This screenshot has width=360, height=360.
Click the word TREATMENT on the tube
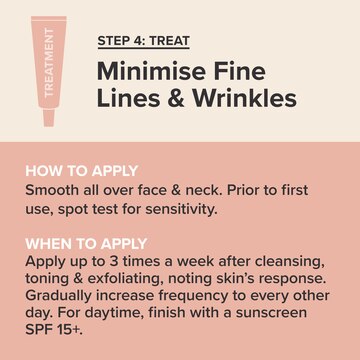[49, 62]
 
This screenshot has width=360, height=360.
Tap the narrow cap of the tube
[49, 117]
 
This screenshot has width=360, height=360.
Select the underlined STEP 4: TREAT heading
[144, 41]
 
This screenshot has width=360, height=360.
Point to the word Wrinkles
[245, 98]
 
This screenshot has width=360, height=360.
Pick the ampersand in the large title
[176, 98]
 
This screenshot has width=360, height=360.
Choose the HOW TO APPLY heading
[82, 171]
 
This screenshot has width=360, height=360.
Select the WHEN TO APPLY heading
[86, 244]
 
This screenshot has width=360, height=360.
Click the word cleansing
[290, 262]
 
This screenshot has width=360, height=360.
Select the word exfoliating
[125, 279]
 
